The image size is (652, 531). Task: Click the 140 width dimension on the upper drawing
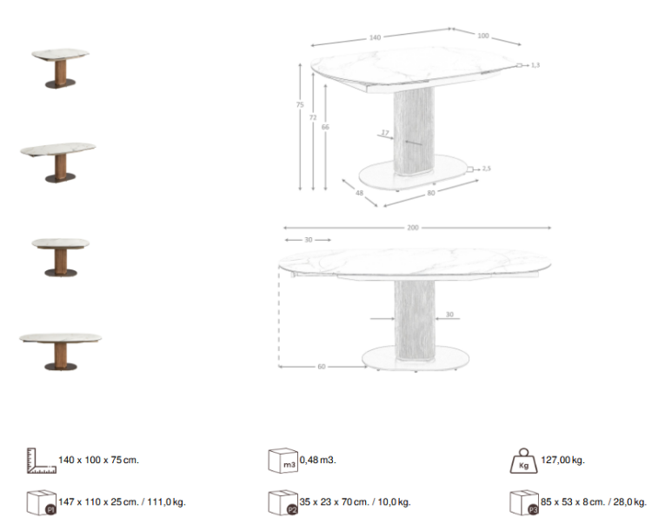pyautogui.click(x=375, y=37)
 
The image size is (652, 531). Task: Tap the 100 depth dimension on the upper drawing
pyautogui.click(x=482, y=36)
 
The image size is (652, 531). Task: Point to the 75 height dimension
pyautogui.click(x=299, y=105)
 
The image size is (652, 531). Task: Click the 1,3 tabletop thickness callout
pyautogui.click(x=536, y=65)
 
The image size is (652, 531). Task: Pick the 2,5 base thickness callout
pyautogui.click(x=487, y=169)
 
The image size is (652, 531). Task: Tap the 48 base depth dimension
pyautogui.click(x=359, y=194)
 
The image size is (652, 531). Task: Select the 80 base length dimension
pyautogui.click(x=430, y=194)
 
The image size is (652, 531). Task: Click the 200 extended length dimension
pyautogui.click(x=413, y=228)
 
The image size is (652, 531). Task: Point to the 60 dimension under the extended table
pyautogui.click(x=321, y=367)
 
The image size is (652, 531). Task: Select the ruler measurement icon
pyautogui.click(x=41, y=461)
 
